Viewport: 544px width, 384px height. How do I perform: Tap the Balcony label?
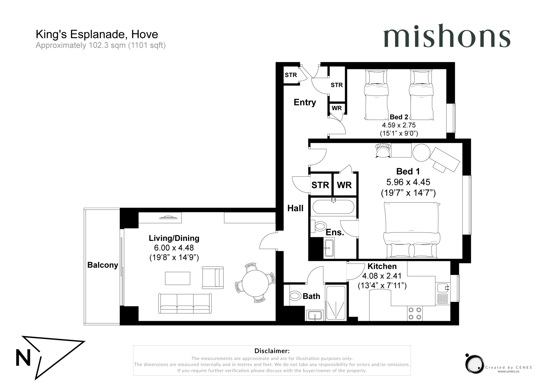[103, 265]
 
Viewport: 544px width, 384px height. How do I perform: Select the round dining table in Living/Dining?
[255, 283]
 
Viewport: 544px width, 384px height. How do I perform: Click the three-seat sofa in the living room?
[185, 304]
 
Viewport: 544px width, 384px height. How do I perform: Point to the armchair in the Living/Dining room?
[212, 278]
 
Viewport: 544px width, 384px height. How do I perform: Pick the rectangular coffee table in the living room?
[177, 278]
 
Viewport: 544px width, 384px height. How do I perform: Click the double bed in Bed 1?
[411, 230]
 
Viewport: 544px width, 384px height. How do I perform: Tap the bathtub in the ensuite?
[333, 207]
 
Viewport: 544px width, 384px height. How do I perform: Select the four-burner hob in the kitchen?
[415, 313]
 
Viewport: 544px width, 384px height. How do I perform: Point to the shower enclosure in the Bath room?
[336, 303]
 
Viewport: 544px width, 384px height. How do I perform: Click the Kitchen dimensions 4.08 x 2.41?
[382, 276]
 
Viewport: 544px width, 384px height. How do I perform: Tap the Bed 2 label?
[399, 117]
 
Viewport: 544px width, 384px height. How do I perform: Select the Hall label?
[295, 208]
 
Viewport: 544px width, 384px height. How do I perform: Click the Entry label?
[305, 102]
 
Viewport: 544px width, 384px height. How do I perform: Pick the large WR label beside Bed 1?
[344, 185]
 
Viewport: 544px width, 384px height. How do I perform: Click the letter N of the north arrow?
[23, 358]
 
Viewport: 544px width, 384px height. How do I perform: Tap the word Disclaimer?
[272, 351]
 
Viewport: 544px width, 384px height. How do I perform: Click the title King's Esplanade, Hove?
[97, 34]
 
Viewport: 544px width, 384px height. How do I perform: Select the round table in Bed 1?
[421, 153]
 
